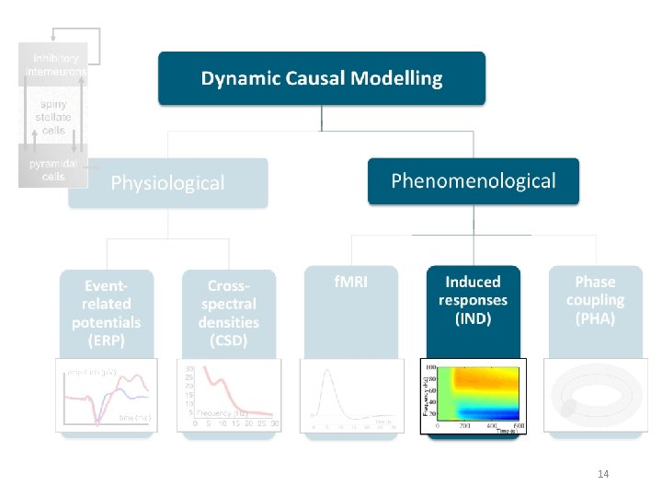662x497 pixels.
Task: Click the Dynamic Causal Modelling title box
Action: click(x=321, y=78)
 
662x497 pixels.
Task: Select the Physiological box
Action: click(x=167, y=182)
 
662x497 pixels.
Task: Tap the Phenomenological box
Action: click(x=474, y=180)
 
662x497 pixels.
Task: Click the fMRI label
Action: click(x=350, y=282)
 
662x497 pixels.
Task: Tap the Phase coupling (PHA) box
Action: click(x=594, y=300)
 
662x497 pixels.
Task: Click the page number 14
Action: click(x=603, y=474)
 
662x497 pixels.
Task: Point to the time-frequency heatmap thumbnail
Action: click(x=473, y=395)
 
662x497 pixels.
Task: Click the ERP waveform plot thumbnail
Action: click(x=107, y=395)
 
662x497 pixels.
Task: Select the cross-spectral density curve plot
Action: click(x=228, y=395)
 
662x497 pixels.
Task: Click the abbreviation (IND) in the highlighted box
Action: click(x=473, y=319)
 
